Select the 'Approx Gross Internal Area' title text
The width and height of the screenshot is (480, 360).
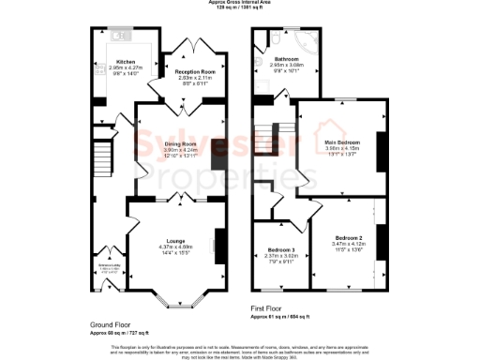click(240, 3)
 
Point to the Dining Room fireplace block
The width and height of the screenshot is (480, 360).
click(217, 155)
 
